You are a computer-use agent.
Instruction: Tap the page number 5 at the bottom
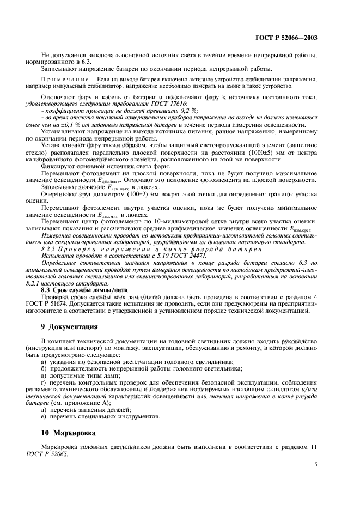[316, 465]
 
